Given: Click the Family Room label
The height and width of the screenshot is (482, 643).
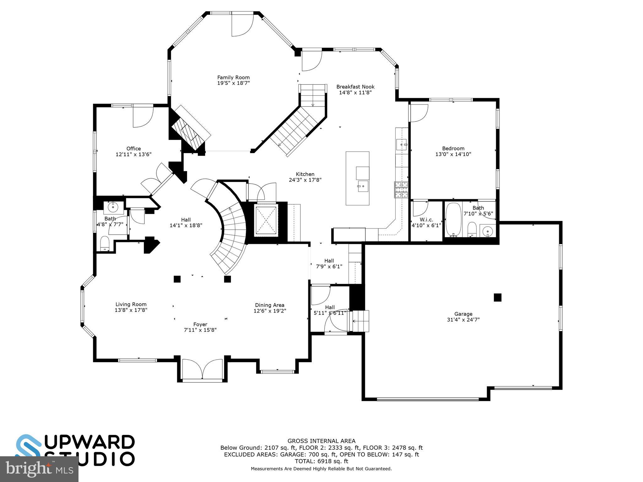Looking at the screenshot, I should [x=233, y=78].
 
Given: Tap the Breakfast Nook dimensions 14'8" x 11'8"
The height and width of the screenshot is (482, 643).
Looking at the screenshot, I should [x=355, y=93].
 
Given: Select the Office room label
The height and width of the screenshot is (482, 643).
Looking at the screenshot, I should [x=133, y=148].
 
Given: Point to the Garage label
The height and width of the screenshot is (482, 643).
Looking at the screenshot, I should [x=463, y=314].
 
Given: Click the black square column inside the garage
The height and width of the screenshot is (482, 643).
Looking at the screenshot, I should [x=497, y=297].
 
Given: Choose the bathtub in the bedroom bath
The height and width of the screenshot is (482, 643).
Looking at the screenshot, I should [x=453, y=219].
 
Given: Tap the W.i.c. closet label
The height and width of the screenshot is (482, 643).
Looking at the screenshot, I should [x=426, y=219].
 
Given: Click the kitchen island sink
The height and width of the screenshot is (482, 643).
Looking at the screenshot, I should [x=363, y=186].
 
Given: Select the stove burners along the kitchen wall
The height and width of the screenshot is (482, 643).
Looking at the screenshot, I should [x=401, y=190].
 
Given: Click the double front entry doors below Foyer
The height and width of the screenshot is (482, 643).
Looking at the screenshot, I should [x=203, y=369].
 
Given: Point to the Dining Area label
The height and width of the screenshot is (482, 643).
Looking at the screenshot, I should [x=269, y=305].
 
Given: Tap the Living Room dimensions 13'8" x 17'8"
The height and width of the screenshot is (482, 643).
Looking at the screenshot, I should [x=131, y=310].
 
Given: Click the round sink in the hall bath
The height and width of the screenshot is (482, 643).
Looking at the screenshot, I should [x=113, y=207].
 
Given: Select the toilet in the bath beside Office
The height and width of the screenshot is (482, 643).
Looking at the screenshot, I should [x=105, y=244].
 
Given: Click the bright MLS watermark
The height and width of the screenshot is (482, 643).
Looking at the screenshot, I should [x=39, y=469].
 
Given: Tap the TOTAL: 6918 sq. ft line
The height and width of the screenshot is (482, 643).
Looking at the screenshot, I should [x=321, y=461].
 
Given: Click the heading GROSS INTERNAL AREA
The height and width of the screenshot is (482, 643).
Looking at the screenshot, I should [x=321, y=441].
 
